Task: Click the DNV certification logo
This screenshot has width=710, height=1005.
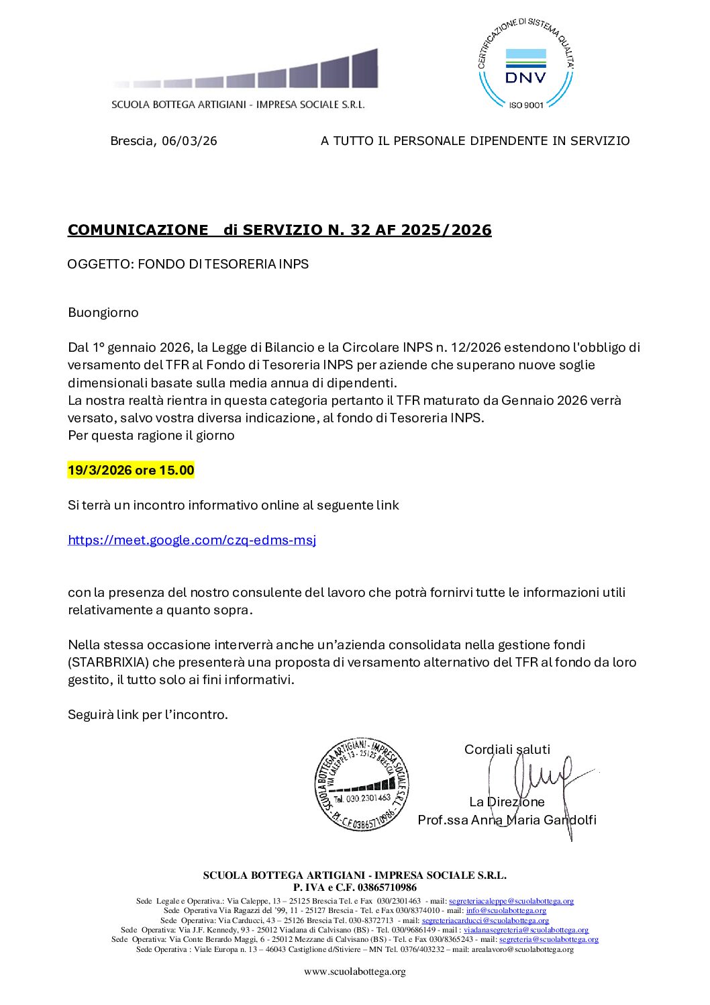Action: point(525,64)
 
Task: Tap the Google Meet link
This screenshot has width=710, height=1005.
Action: point(192,540)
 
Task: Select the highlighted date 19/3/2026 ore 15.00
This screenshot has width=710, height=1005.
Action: point(131,470)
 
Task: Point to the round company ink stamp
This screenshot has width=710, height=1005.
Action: point(362,783)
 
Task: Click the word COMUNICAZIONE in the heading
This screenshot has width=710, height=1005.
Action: point(138,230)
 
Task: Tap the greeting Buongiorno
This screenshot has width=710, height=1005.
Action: point(103,312)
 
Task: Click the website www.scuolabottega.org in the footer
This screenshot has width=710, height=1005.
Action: point(354,971)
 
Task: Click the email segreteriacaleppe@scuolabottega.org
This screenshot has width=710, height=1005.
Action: point(511,901)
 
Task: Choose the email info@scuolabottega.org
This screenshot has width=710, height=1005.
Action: point(506,910)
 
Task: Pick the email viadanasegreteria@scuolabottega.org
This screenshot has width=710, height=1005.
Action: point(525,930)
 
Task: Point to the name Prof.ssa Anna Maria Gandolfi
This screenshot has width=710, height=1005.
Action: point(507,820)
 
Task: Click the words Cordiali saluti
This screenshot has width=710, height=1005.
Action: point(507,749)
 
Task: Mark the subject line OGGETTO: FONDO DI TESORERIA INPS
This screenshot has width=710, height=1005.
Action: point(188,264)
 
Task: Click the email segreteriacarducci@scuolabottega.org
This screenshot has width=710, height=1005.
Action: point(485,920)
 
